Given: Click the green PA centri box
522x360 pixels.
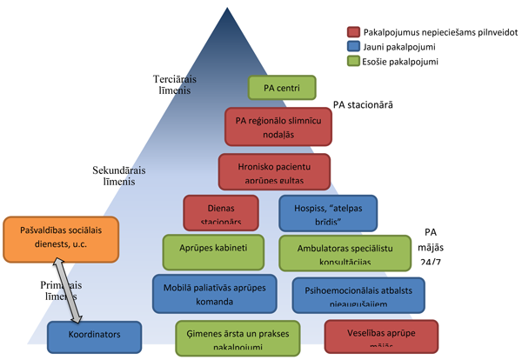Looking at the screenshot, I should tap(282, 88).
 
